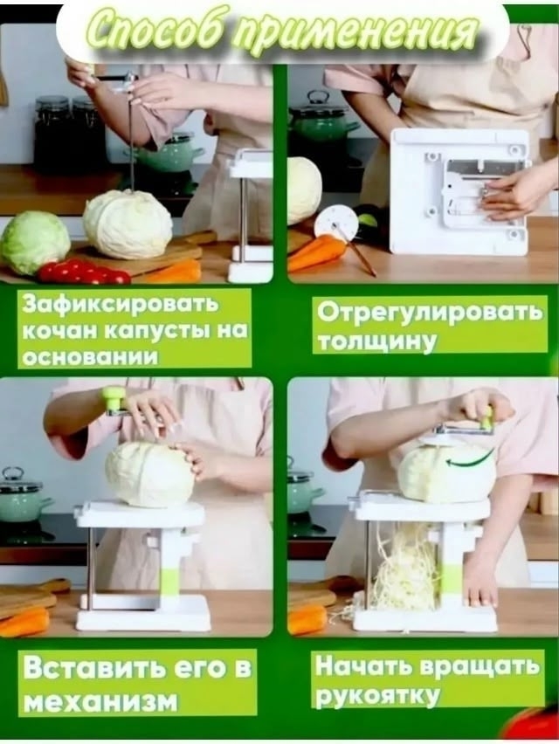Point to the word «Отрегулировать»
(429, 313)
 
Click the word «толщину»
(376, 341)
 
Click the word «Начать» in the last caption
(364, 666)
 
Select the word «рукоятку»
(377, 696)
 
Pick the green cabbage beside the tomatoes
(34, 242)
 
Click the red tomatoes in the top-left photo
(84, 272)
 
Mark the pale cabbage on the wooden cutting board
(128, 224)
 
